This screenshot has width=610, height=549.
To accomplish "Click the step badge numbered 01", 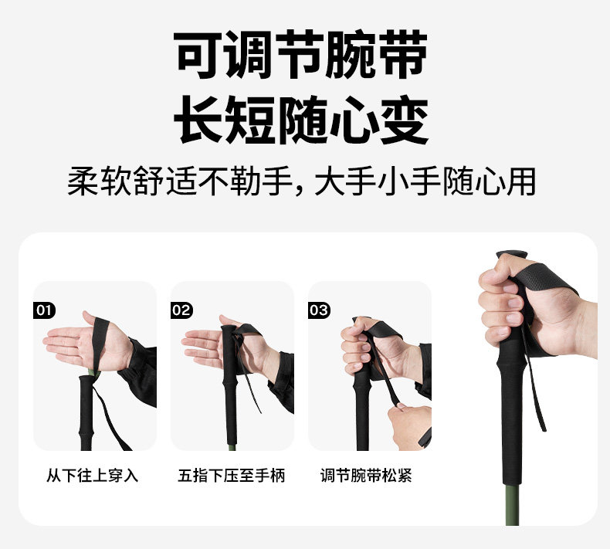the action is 44,310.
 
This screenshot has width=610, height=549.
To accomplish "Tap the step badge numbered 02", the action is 181,310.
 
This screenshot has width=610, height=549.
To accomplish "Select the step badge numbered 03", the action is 319,310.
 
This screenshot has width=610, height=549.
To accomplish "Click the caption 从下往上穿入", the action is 92,476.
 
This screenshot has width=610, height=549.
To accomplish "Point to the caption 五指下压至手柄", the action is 232,476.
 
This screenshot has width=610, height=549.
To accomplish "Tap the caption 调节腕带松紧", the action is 366,476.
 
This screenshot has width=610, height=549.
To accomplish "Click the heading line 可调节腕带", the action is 300,55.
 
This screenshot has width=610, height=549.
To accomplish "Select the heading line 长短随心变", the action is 300,120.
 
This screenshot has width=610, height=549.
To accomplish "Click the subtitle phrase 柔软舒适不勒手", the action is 180,181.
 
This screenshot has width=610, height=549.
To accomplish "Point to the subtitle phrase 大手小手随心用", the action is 425,181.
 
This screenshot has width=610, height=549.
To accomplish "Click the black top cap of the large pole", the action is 512,255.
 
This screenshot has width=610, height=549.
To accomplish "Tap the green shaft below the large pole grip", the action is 512,505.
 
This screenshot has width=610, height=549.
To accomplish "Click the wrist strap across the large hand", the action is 544,284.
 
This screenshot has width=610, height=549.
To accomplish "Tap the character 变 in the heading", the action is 405,120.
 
